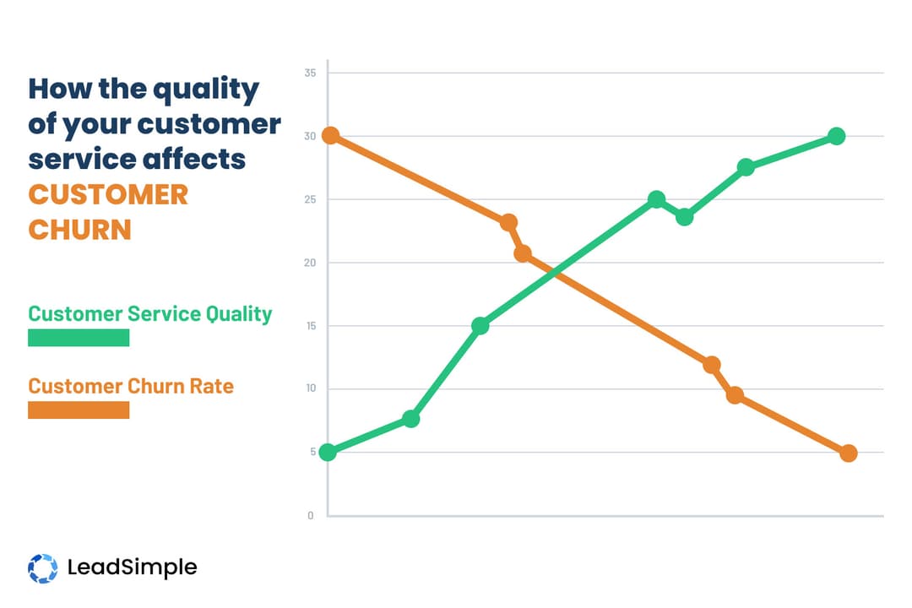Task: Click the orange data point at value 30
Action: (x=331, y=135)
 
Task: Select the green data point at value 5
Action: (x=328, y=452)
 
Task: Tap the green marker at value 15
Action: (x=480, y=326)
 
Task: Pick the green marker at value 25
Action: (x=656, y=199)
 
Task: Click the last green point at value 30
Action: (x=836, y=136)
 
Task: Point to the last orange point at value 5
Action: (x=849, y=453)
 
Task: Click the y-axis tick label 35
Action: (x=310, y=73)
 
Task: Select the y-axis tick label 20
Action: (x=310, y=263)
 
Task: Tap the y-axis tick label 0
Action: (x=311, y=515)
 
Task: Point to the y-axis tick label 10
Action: (x=310, y=389)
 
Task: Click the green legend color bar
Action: (x=79, y=338)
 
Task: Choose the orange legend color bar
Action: (x=79, y=410)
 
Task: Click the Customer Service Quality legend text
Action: (x=150, y=314)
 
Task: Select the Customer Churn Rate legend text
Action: (x=131, y=386)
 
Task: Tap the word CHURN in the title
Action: (x=80, y=230)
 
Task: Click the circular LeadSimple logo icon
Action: (x=42, y=567)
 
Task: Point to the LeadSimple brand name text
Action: (x=132, y=567)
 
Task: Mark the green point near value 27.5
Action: (x=746, y=167)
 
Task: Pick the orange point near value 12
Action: (x=712, y=365)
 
